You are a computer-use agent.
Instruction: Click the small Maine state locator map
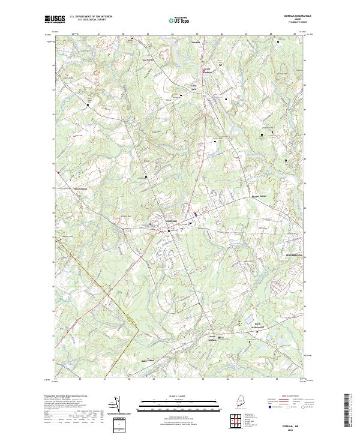pos(238,401)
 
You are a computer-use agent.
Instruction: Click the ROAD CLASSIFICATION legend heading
pos(288,397)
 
